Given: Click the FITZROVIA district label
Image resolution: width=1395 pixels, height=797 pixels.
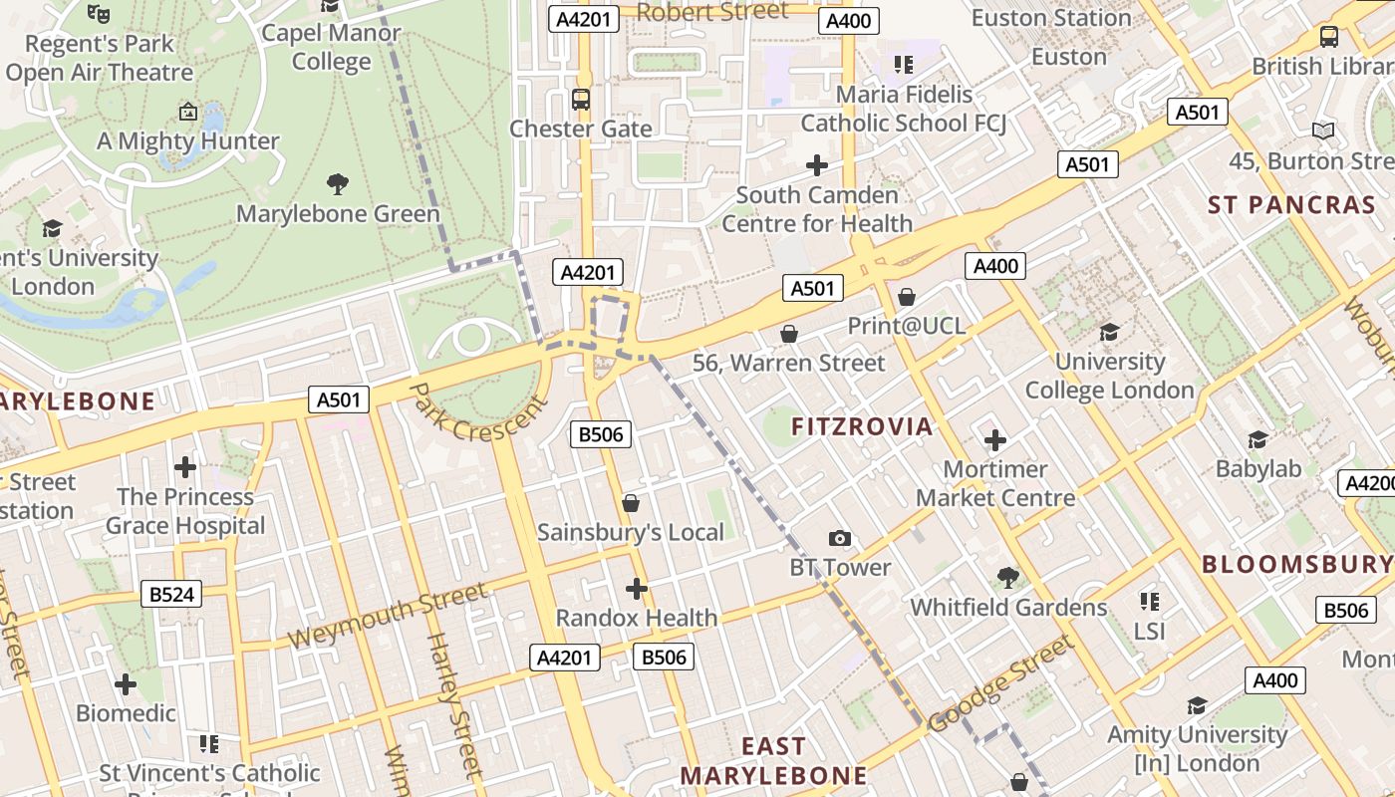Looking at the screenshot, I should pos(862,426).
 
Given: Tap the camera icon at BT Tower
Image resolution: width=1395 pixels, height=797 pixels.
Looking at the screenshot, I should pos(840,539).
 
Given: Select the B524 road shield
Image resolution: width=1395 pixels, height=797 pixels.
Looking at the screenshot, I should pos(171,595).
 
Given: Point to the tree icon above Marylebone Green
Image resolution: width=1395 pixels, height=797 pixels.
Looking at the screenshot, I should pos(338,183).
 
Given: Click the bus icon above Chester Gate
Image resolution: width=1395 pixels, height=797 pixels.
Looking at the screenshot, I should pos(581,100).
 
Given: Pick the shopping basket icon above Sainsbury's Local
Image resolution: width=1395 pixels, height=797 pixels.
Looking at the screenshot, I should pos(630,504).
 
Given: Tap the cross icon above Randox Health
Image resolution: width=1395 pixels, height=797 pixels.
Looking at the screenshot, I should pos(637,589).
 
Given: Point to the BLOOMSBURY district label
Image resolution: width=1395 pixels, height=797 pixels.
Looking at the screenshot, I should pos(1295,564).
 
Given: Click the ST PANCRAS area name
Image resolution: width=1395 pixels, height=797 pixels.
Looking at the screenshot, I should pos(1291,205).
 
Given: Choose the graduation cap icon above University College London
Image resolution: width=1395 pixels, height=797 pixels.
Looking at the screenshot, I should pos(1109,332).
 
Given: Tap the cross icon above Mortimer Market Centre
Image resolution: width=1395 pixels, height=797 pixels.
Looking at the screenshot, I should pos(994,439).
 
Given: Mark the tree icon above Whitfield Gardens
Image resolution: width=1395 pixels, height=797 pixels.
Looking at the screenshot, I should pos(1007,577).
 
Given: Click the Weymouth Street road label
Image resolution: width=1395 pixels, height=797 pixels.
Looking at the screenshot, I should pos(388,615).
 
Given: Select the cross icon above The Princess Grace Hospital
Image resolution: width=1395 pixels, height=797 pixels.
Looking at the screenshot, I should pos(185,466).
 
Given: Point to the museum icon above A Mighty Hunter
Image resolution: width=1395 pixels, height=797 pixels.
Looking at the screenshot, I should pos(187,112).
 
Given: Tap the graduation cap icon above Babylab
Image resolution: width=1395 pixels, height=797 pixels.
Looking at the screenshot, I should pos(1257,439).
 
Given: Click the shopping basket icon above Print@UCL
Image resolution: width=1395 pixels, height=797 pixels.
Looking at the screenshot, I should pos(906,297).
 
